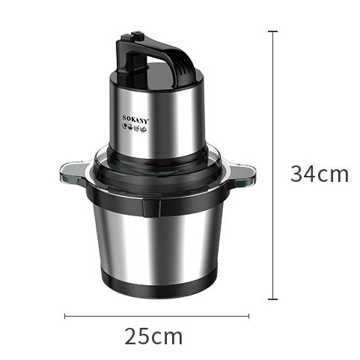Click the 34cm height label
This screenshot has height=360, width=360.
coord(320,174)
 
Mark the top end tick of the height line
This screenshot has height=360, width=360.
coord(273,31)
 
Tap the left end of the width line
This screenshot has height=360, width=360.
coord(65,315)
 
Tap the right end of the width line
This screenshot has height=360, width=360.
coord(248,315)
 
